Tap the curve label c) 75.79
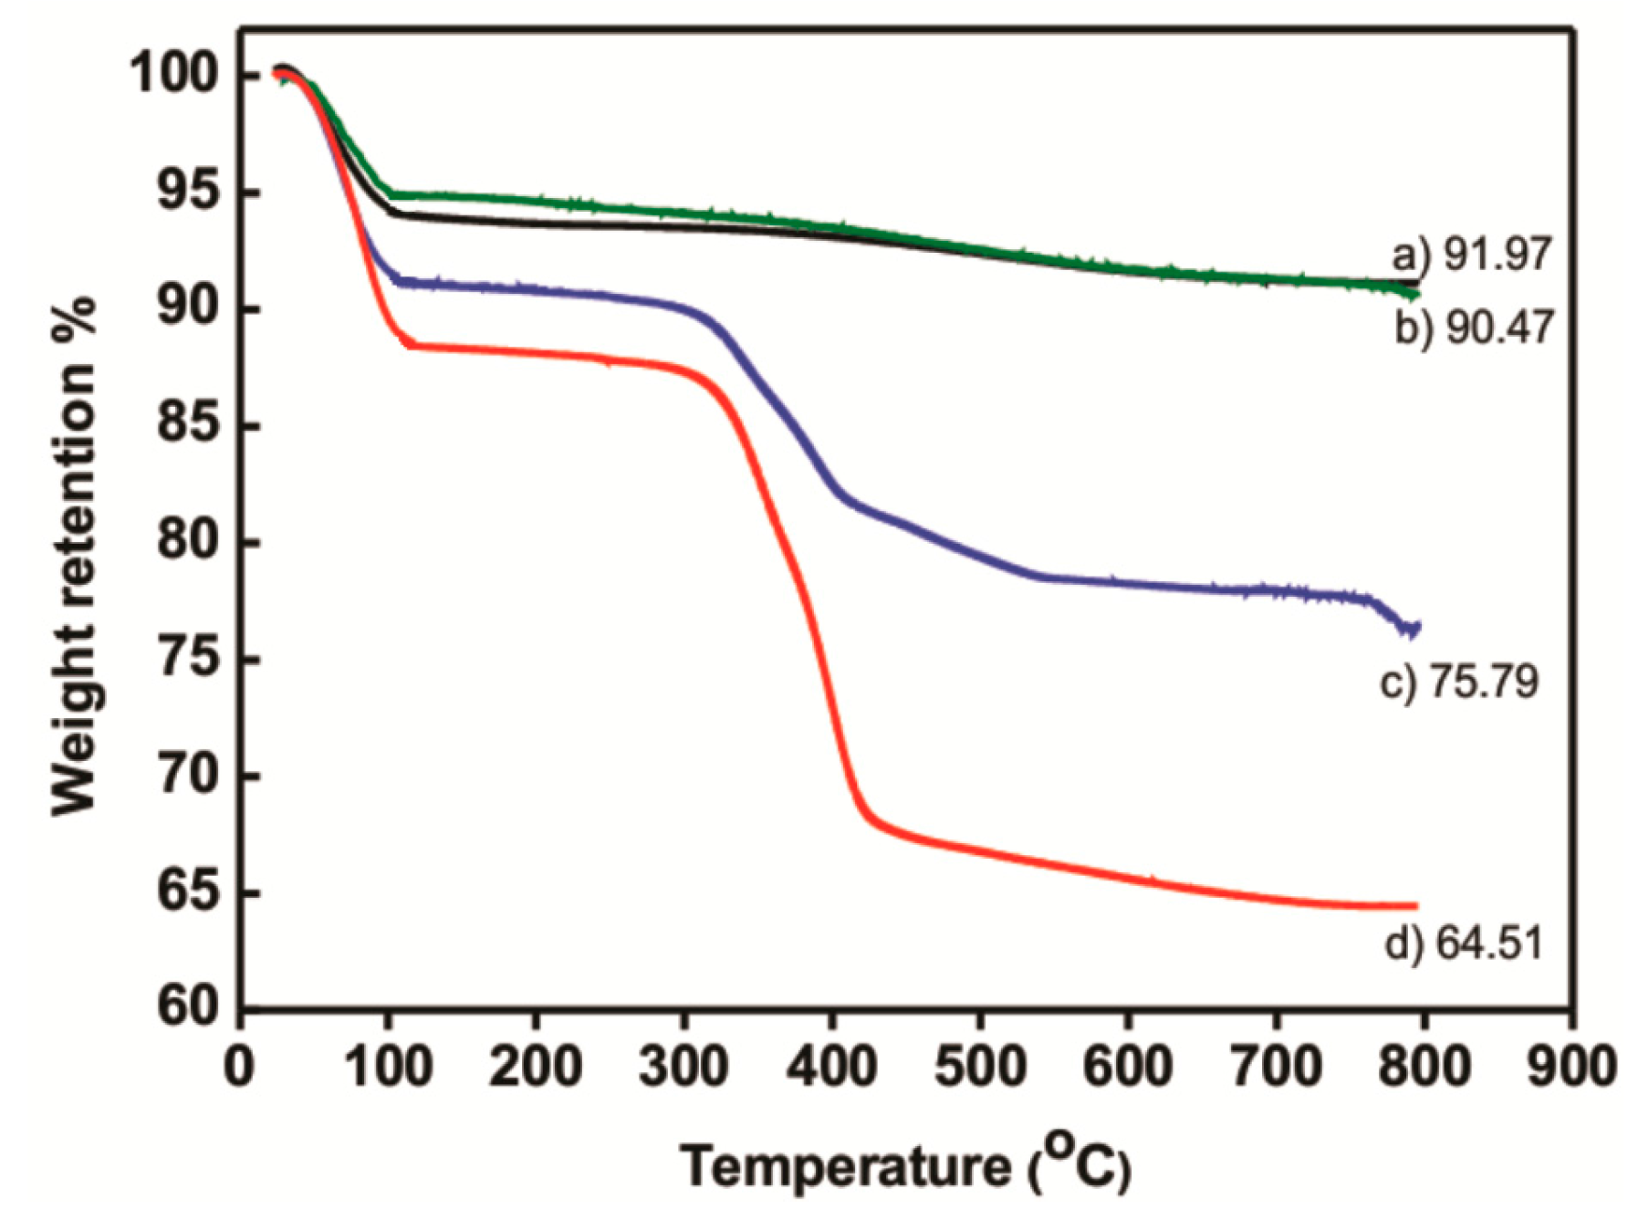pos(1459,682)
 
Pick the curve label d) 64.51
pos(1464,943)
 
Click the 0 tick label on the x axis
pos(240,1065)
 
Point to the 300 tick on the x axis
pos(683,1065)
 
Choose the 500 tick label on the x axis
pos(979,1065)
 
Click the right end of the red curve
pos(1415,906)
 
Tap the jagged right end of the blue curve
pos(1413,629)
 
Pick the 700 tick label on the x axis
pos(1275,1065)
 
